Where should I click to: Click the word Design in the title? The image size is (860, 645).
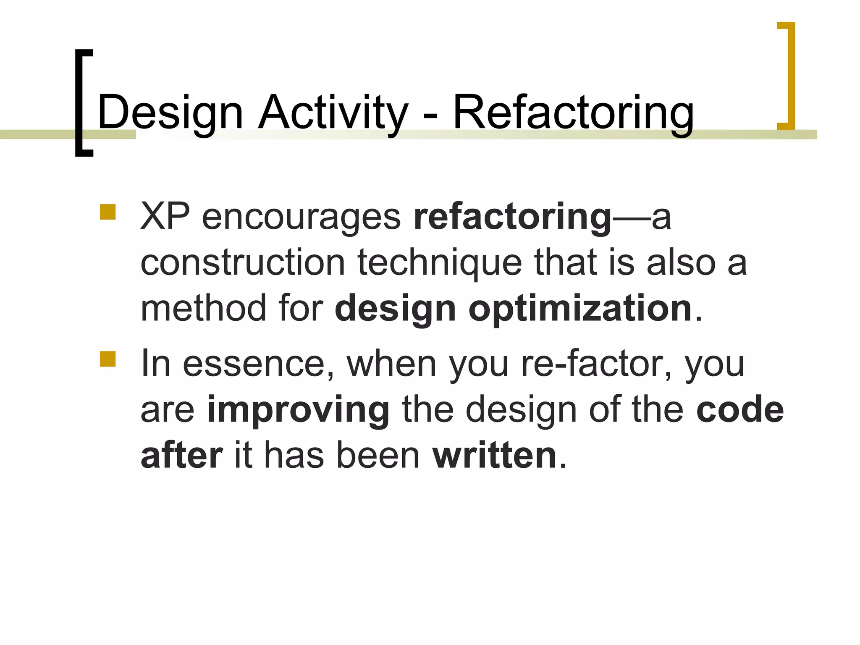pyautogui.click(x=170, y=113)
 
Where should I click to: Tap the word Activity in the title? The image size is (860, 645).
pyautogui.click(x=333, y=113)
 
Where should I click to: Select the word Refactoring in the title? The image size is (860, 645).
pyautogui.click(x=573, y=113)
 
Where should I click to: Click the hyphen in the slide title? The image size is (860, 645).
pyautogui.click(x=430, y=115)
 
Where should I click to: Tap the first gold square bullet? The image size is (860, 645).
pyautogui.click(x=108, y=212)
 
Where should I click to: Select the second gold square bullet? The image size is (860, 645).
pyautogui.click(x=108, y=359)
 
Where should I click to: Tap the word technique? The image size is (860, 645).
pyautogui.click(x=439, y=263)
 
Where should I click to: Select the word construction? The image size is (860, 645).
pyautogui.click(x=243, y=263)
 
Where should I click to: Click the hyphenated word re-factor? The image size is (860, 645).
pyautogui.click(x=592, y=364)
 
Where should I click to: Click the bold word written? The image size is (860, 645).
pyautogui.click(x=494, y=456)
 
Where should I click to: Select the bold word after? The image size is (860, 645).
pyautogui.click(x=181, y=456)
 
